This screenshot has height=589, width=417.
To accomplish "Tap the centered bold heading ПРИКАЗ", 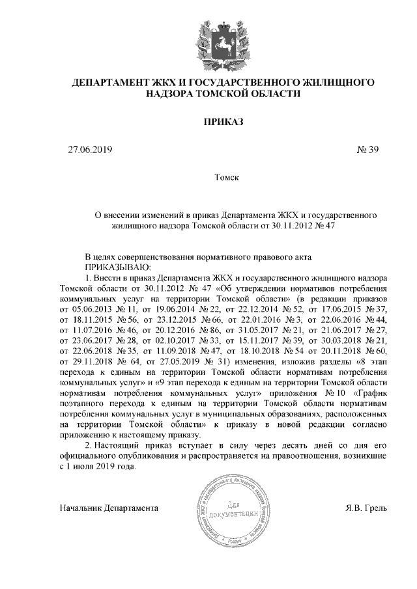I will [222, 122].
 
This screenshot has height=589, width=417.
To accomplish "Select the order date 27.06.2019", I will [91, 150].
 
